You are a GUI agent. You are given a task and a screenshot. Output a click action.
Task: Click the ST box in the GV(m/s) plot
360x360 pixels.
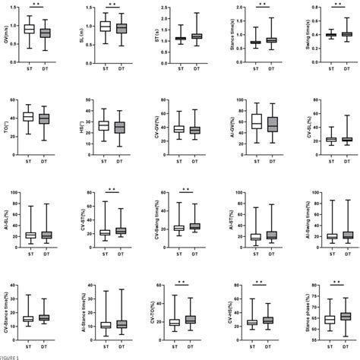(30, 29)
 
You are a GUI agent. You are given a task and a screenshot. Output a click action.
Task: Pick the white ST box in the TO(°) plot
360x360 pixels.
(30, 116)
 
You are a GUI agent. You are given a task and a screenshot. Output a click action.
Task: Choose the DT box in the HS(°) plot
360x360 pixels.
(118, 127)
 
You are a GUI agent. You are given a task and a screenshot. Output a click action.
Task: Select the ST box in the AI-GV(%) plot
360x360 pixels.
(256, 121)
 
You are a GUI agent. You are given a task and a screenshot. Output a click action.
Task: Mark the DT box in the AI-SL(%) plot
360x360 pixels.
(47, 235)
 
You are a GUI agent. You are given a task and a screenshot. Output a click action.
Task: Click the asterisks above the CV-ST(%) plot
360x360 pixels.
(112, 189)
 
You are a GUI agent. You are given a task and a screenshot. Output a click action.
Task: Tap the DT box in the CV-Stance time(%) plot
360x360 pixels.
(47, 317)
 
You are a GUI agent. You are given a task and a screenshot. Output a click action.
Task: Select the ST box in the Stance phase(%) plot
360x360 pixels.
(330, 320)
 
